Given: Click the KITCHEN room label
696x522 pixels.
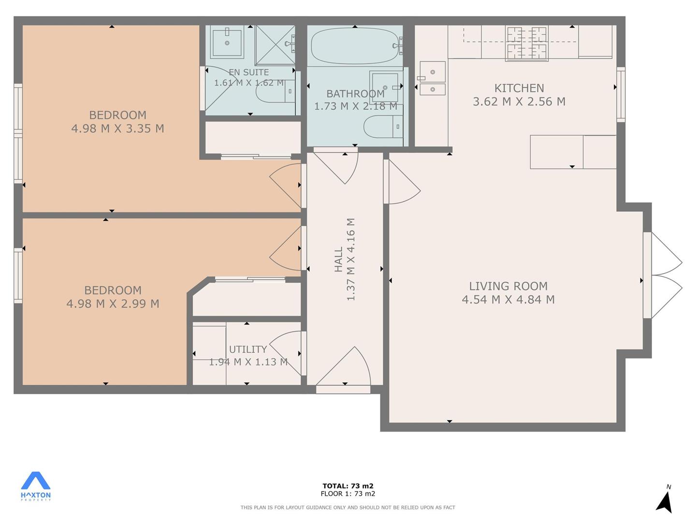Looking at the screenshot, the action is click(519, 88).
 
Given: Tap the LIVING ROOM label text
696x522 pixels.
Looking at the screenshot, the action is click(508, 286).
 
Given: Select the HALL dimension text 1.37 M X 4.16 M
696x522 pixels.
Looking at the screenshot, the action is click(351, 259).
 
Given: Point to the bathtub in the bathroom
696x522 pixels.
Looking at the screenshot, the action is click(354, 46).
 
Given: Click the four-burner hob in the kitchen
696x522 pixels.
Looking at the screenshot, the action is click(527, 43).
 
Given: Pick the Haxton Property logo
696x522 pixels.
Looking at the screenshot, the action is click(35, 486).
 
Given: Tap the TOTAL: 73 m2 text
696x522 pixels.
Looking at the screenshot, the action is click(348, 486).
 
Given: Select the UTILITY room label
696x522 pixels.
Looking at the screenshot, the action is click(247, 349).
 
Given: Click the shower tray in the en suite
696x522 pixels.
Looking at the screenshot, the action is click(275, 45).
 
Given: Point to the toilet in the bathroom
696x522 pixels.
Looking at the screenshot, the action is click(383, 127).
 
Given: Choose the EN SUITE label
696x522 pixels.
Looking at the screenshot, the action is click(248, 72).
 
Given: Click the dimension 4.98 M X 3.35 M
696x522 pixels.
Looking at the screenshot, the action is click(117, 129).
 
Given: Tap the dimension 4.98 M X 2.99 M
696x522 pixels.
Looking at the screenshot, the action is click(113, 304).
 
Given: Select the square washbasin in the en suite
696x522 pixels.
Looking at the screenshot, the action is click(227, 42).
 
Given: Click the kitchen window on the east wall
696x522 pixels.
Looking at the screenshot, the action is click(621, 94).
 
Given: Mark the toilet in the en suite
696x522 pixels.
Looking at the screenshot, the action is click(275, 91).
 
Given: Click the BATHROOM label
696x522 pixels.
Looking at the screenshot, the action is click(355, 93).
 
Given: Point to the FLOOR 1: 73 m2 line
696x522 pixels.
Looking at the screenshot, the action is click(348, 493).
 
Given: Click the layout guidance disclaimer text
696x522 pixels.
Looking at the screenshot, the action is click(348, 507).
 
